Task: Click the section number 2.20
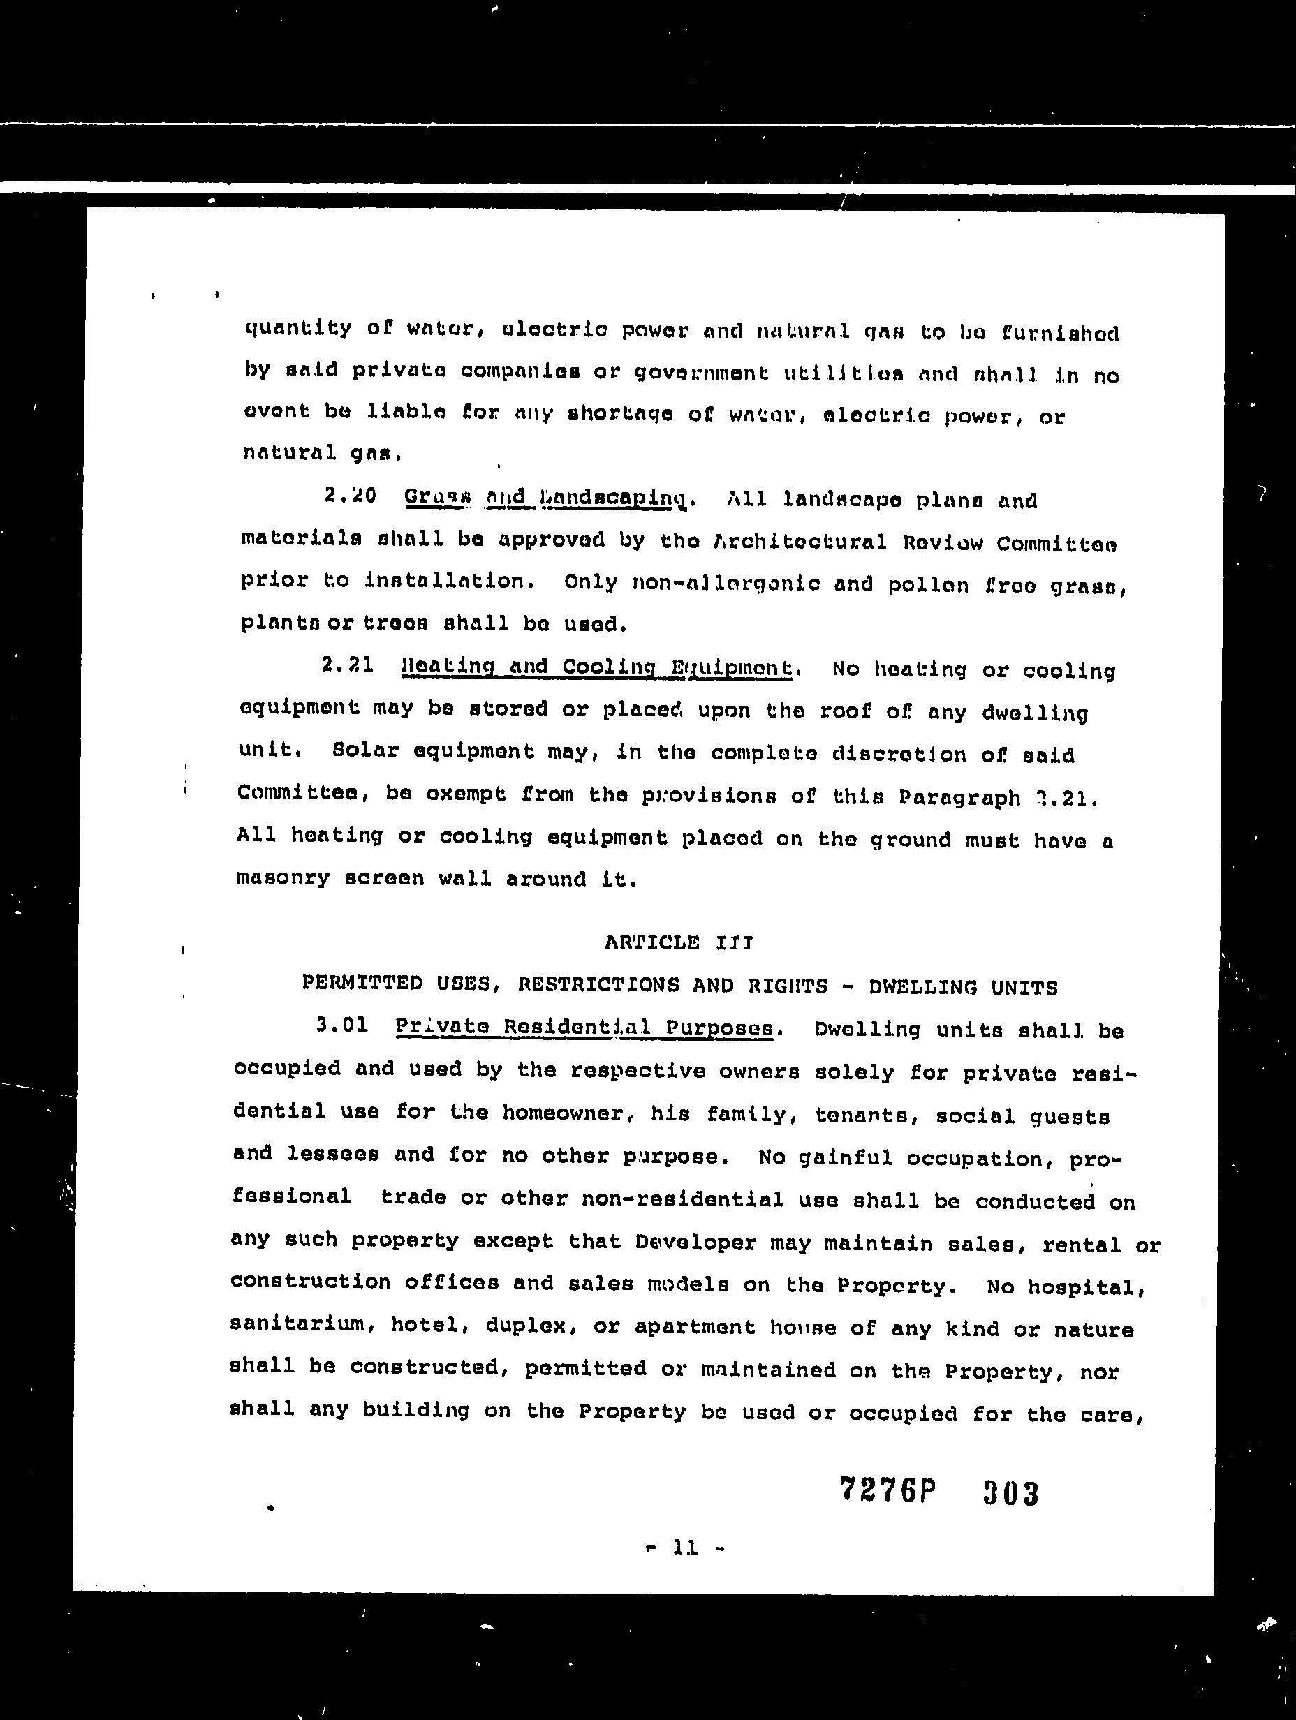coord(350,496)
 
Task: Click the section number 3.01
coord(342,1025)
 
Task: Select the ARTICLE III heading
coord(678,942)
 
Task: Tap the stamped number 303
coord(1010,1493)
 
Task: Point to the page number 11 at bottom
coord(685,1548)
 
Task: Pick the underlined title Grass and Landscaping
coord(547,498)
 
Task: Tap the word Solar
coord(357,751)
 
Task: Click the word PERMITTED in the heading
coord(362,984)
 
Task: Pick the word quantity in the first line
coord(298,329)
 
